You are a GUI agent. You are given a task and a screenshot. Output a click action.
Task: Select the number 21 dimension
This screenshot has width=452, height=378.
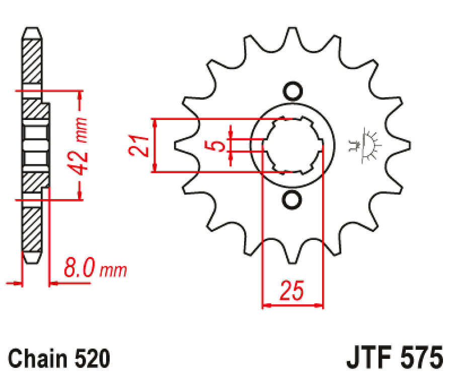click(140, 146)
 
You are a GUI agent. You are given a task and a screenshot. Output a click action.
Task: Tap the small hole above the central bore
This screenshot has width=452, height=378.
click(292, 91)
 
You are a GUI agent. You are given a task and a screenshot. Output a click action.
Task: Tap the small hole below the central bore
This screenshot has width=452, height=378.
click(292, 200)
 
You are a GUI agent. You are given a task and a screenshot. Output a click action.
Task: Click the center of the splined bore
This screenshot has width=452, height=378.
click(292, 145)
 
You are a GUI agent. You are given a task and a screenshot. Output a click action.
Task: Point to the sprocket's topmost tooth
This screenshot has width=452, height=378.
click(292, 34)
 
